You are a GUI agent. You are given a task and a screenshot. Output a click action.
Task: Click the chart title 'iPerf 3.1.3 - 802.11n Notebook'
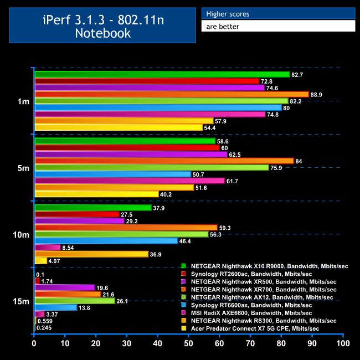[x=102, y=25]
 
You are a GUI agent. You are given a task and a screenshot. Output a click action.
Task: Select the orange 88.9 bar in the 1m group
[x=172, y=94]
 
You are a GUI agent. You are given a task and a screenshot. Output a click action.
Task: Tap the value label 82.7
[x=298, y=74]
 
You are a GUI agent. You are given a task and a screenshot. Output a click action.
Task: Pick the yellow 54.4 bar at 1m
[x=119, y=127]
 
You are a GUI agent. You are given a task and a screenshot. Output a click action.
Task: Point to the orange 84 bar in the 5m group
[x=164, y=161]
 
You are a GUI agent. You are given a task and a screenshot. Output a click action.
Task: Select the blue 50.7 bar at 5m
[x=113, y=174]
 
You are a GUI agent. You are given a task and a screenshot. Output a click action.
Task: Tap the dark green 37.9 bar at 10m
[x=93, y=208]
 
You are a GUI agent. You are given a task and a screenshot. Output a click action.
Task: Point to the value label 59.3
[x=226, y=228]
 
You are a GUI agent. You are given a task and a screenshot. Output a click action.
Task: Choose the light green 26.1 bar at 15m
[x=75, y=301]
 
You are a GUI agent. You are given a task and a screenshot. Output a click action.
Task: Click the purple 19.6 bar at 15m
[x=65, y=287]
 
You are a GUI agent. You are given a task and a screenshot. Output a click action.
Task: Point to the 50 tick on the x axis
[x=189, y=344]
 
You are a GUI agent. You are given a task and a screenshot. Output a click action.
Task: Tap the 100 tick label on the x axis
[x=343, y=344]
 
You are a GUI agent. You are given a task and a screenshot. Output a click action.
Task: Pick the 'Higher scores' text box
[x=278, y=14]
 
